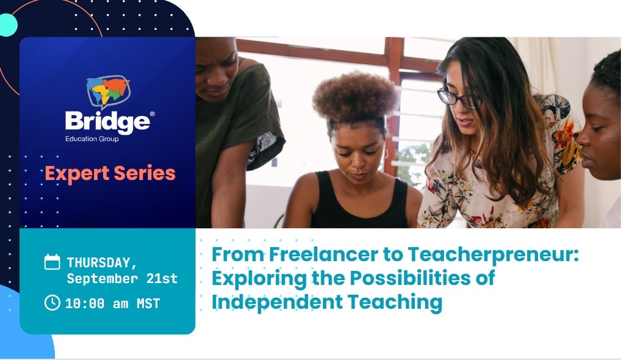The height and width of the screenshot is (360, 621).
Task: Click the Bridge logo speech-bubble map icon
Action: tap(108, 92)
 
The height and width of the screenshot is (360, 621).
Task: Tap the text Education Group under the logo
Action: tap(92, 139)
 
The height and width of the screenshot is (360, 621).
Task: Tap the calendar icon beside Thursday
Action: tap(52, 262)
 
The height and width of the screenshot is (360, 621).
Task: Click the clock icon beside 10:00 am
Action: tap(52, 302)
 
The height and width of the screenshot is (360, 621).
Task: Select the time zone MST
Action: tap(148, 303)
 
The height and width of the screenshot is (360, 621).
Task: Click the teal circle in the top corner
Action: tap(7, 25)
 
